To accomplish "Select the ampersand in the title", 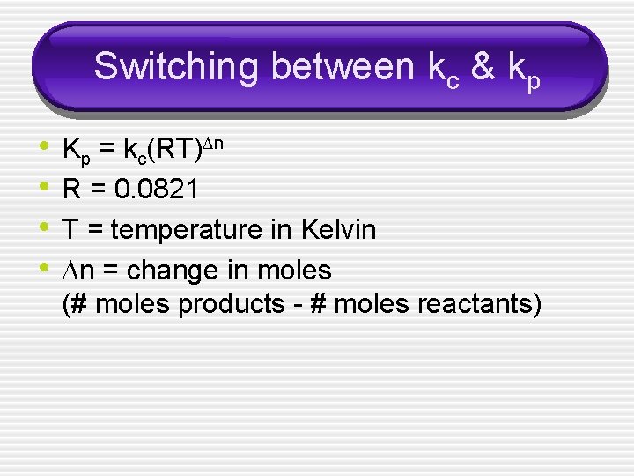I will click(483, 66).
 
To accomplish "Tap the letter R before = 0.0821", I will click(71, 190).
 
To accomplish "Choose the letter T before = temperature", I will click(70, 230).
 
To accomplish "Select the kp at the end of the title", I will click(524, 69).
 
